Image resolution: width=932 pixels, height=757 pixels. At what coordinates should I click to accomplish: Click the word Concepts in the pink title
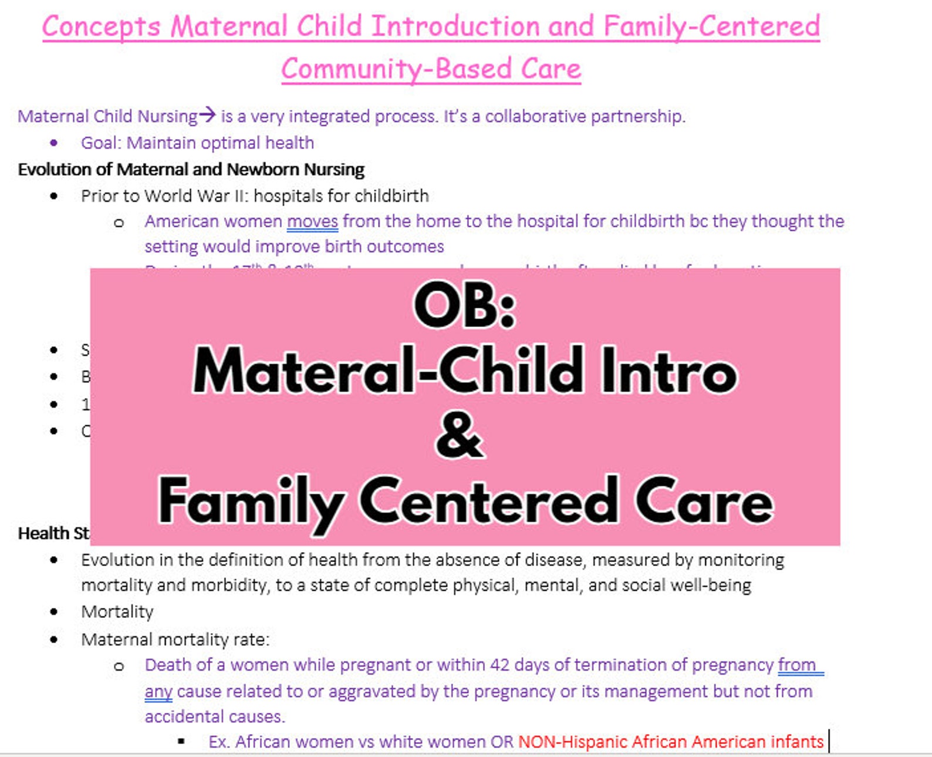(101, 27)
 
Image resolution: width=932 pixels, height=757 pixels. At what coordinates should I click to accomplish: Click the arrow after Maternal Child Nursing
(207, 115)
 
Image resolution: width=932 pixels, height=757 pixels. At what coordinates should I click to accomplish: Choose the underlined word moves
(312, 222)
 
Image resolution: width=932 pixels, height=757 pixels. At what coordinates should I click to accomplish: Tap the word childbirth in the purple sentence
(647, 221)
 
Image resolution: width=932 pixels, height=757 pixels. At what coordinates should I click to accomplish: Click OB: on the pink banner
(464, 306)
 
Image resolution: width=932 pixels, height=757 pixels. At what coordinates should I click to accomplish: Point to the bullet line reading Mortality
(117, 612)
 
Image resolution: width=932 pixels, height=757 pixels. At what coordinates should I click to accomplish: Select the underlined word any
(158, 692)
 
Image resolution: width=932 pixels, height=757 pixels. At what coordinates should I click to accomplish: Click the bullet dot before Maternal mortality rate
(55, 639)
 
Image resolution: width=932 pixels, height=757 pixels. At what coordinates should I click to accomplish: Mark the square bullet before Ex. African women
(181, 742)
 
